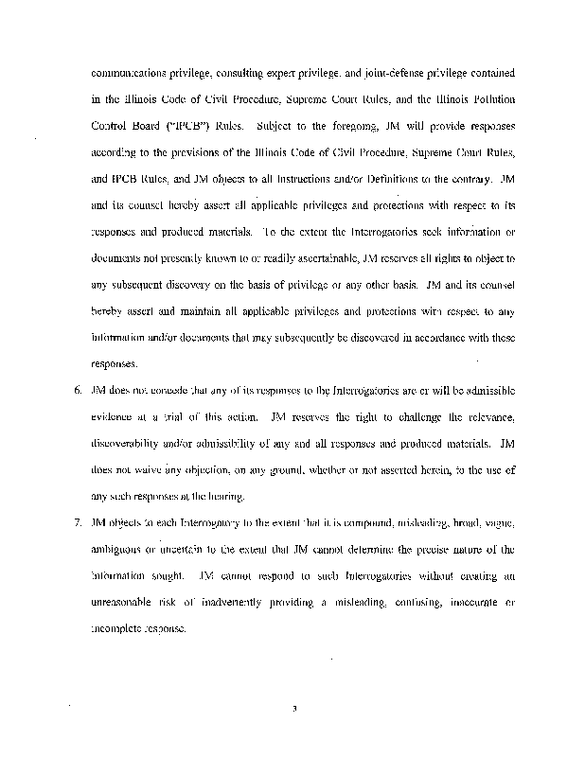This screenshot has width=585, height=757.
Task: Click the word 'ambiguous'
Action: (121, 549)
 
